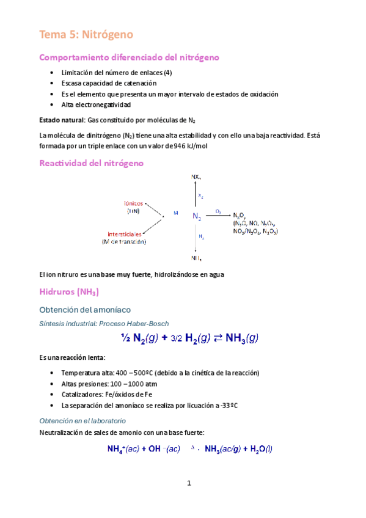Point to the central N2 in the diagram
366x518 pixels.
point(197,217)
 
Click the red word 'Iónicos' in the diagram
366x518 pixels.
point(133,203)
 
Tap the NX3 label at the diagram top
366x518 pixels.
point(196,177)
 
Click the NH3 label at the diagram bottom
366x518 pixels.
point(197,258)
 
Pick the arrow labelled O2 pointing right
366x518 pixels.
point(218,215)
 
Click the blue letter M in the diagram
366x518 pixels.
point(175,213)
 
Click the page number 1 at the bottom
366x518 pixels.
point(189,483)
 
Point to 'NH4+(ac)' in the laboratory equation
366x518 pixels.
point(123,449)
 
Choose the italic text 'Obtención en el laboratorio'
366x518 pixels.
point(82,421)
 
